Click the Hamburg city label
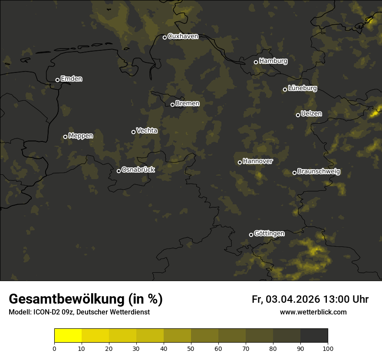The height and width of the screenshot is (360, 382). pos(273,61)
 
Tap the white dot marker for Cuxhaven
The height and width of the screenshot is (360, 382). pos(165,37)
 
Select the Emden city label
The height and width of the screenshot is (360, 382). pos(71,79)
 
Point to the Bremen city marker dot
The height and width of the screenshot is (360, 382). pos(172,105)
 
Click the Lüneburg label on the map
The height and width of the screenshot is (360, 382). pos(302,88)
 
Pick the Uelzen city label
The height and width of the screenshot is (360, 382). pos(311,114)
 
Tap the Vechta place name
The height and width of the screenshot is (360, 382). pos(147,131)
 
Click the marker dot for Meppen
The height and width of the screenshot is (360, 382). pos(65,137)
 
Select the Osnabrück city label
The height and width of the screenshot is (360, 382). pos(138,170)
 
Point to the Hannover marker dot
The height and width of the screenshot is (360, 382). pos(240,162)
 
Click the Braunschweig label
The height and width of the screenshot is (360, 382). pos(319,171)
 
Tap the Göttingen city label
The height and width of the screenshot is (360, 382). pos(269,233)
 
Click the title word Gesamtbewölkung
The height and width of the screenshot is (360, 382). pos(67,299)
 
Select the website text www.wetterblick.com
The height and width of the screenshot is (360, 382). pos(313,312)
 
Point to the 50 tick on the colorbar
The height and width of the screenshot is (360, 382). pos(191,348)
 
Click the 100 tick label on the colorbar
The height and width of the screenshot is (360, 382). pos(328,348)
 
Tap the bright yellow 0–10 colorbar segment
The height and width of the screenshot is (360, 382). pos(68,336)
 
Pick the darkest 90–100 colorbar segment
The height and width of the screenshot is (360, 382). pos(314,336)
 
